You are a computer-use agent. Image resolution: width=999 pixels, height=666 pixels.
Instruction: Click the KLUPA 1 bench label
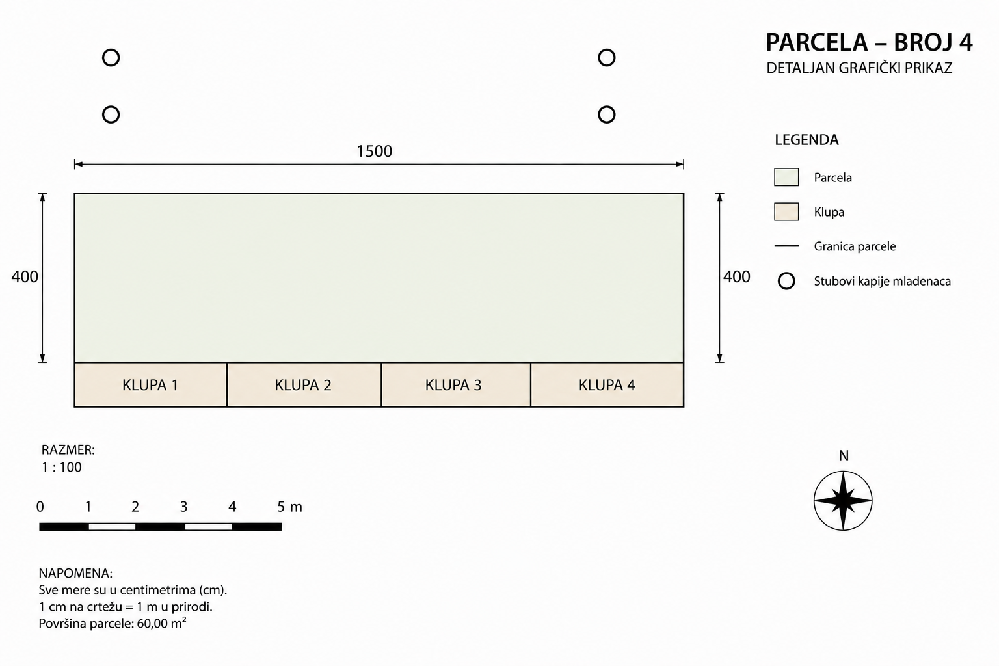tap(150, 385)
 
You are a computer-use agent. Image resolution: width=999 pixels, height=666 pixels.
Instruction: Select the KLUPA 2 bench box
tap(304, 384)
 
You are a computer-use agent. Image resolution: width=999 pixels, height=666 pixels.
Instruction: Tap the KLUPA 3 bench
tap(456, 384)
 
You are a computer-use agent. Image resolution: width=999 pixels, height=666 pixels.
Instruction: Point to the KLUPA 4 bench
tap(607, 384)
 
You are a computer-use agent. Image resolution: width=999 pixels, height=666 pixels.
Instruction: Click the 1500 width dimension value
tap(374, 152)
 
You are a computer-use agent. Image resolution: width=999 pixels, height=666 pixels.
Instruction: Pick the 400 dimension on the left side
tap(25, 276)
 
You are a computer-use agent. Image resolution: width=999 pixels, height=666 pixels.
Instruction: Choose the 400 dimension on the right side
tap(736, 276)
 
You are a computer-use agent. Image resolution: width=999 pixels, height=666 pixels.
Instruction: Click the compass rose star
tap(843, 501)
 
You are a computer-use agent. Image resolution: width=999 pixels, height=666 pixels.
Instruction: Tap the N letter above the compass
tap(844, 456)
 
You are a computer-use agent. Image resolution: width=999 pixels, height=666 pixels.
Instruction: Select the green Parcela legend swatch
tap(786, 177)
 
